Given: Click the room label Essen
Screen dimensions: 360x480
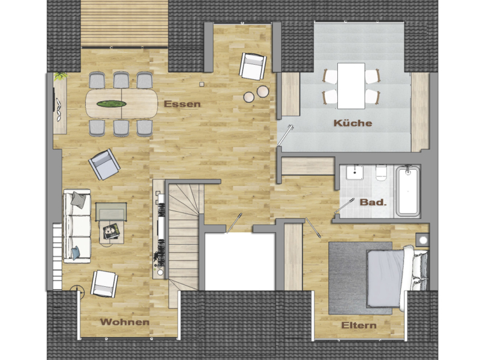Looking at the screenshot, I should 182,104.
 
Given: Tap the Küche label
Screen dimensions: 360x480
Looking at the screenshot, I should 353,124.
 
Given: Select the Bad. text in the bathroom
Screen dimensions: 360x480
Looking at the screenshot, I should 373,202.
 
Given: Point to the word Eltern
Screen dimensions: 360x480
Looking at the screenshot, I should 359,326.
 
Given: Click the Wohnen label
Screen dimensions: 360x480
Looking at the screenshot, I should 125,322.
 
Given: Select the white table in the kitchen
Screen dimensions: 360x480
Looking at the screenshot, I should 351,85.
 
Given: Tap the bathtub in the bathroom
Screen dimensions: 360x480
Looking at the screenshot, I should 407,190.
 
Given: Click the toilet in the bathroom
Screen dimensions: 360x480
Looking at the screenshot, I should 381,175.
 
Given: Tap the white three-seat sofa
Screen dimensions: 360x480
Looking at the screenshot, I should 77,225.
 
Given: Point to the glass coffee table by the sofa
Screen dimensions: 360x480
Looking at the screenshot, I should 112,211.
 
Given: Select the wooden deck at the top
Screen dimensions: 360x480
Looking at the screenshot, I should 124,22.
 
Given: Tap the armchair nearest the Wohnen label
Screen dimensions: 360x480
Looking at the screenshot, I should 104,283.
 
